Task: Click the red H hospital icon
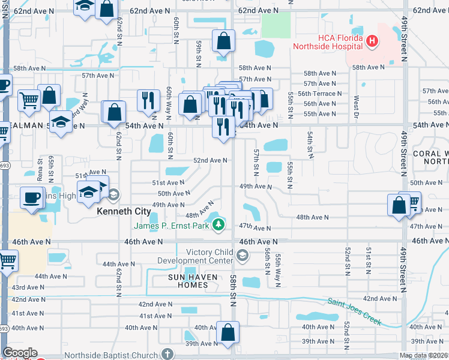pos(372,41)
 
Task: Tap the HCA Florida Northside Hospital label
pos(327,41)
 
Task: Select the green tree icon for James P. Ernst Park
pos(219,225)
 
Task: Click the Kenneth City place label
pos(124,212)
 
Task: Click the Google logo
pos(20,353)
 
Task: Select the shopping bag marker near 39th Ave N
pos(228,332)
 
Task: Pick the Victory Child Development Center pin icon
pos(241,257)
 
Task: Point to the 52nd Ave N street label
pos(209,160)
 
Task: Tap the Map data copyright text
pos(423,355)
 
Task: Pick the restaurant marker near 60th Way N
pos(148,100)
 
